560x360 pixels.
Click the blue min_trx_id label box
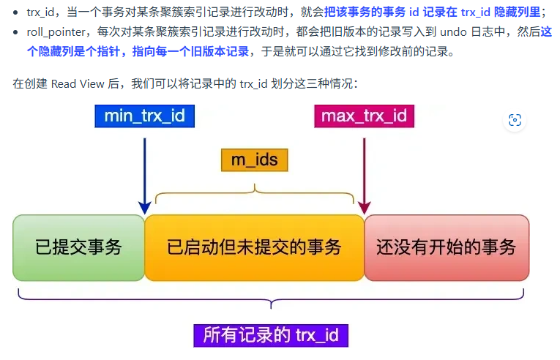coord(145,116)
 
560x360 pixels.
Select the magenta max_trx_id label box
coord(364,116)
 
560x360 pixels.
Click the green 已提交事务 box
coord(78,247)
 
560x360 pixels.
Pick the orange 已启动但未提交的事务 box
coord(254,247)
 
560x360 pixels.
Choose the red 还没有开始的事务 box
coord(446,247)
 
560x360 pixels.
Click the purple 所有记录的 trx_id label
coord(271,335)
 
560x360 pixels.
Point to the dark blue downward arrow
coord(145,171)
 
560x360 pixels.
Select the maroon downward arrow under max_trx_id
coord(364,171)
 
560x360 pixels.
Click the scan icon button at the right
coord(515,120)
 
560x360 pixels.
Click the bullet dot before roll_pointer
coord(16,33)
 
